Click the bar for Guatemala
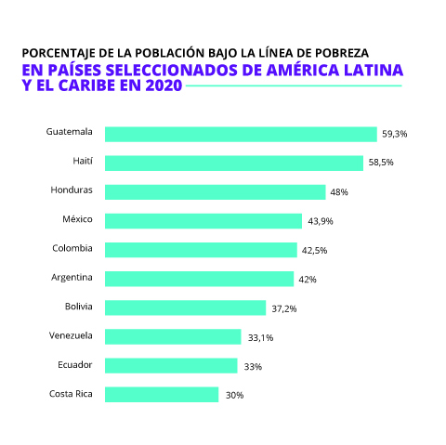point(240,134)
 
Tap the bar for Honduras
point(215,191)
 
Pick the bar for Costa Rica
point(162,394)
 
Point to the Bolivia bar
point(185,308)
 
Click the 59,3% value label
point(394,135)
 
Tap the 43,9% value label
point(321,221)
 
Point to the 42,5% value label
point(313,251)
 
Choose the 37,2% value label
point(283,308)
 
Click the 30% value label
point(233,395)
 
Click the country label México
point(74,219)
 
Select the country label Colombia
point(72,248)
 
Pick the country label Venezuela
point(71,335)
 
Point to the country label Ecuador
point(74,364)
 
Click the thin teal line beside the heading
point(294,86)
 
